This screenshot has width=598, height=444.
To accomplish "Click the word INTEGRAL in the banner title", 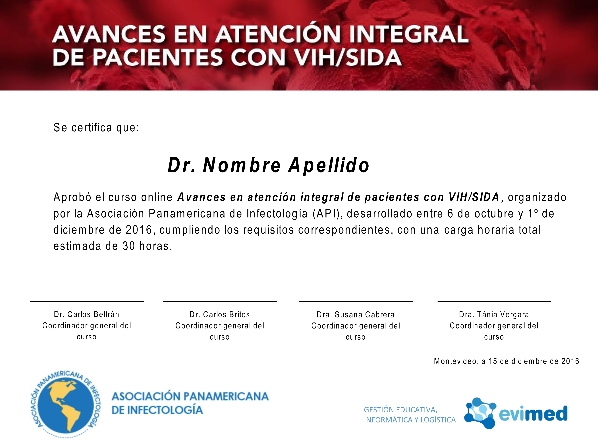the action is tap(409, 34).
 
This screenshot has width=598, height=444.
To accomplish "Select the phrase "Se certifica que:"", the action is tap(96, 128).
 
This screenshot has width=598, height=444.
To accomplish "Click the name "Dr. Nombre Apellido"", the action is tap(269, 165).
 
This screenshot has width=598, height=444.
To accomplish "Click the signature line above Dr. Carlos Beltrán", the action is tap(87, 301).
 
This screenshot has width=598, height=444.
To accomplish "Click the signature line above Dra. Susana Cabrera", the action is tap(356, 301).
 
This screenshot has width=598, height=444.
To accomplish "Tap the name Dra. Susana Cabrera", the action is tap(356, 314).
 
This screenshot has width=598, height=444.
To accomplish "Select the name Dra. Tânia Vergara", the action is tap(494, 314).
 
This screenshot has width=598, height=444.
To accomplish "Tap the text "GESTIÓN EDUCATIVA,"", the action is tap(400, 410).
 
